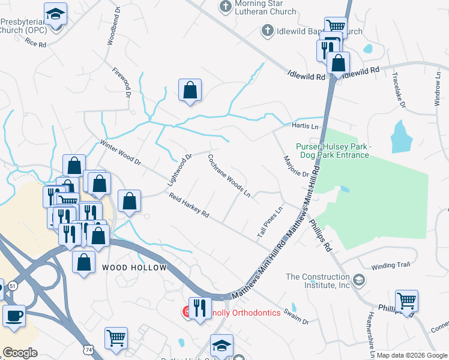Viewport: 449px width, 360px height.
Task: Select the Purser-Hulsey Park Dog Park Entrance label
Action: [332, 151]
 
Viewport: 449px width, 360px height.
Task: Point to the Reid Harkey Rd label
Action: [188, 206]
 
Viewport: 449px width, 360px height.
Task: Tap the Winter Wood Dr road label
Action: [120, 154]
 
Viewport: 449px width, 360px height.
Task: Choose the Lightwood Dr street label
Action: [179, 169]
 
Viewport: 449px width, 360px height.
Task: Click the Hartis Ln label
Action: [304, 126]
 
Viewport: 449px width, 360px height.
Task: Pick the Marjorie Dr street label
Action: [296, 166]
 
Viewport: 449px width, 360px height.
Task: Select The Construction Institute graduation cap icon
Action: [358, 280]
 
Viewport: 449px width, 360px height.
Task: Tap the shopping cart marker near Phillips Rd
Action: [406, 300]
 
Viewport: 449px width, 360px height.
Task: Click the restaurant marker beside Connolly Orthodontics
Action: [200, 308]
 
